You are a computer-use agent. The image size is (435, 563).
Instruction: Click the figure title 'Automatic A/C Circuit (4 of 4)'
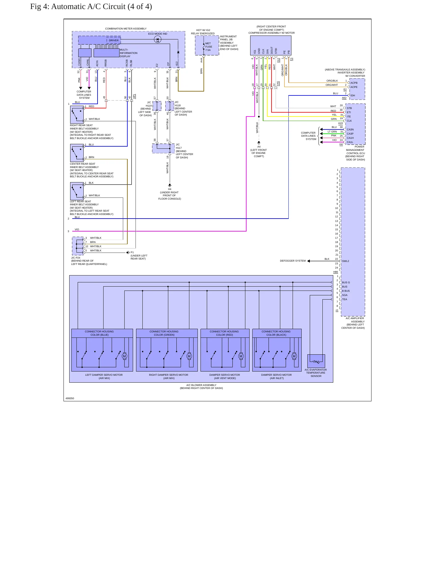tap(101, 7)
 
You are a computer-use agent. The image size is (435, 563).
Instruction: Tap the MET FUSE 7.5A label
tap(209, 47)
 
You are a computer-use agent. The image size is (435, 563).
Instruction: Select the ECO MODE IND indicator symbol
tap(157, 39)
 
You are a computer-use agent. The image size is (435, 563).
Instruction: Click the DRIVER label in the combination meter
tap(113, 40)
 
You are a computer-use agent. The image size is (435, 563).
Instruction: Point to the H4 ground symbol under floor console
tap(170, 185)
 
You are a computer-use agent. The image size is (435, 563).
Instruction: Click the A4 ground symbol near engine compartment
tap(259, 143)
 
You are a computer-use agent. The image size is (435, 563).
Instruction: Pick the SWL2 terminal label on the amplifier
tap(346, 261)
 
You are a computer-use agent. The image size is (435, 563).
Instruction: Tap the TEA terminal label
tap(344, 299)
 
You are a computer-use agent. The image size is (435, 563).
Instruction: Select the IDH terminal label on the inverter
tap(353, 95)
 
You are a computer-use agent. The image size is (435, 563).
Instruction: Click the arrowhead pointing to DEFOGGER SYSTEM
tap(309, 261)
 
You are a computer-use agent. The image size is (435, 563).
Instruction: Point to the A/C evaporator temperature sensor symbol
tap(316, 361)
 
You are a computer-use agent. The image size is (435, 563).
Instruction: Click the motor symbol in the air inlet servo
tap(294, 356)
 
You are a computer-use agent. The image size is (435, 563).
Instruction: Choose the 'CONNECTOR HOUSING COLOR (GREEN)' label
tap(164, 333)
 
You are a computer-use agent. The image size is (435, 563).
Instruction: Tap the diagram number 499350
tap(70, 398)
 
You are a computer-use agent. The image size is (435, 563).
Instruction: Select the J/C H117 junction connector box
tap(163, 148)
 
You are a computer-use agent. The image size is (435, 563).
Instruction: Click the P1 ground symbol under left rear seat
tap(128, 253)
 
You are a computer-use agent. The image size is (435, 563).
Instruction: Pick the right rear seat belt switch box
tap(77, 115)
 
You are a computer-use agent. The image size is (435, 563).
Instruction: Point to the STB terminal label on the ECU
tap(349, 108)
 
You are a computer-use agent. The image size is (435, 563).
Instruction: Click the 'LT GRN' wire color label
tap(332, 132)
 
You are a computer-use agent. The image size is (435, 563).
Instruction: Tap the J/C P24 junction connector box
tap(78, 246)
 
